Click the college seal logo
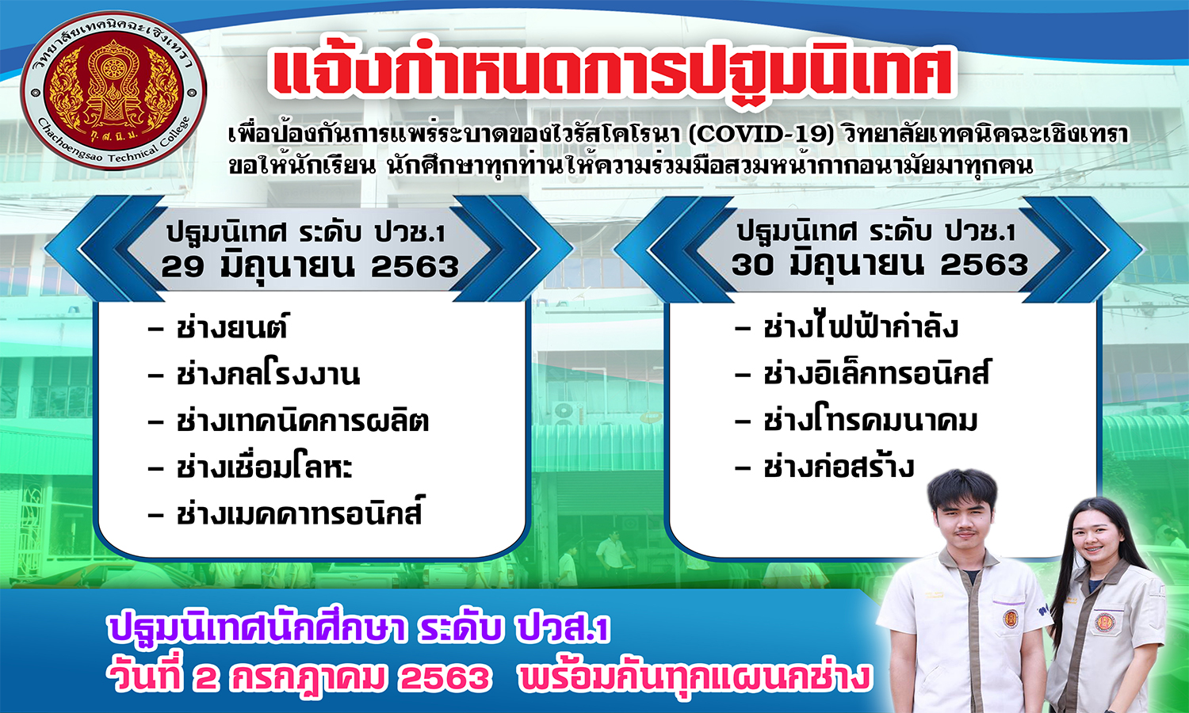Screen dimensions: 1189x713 pos(113,91)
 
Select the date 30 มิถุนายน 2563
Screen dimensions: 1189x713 pos(880,263)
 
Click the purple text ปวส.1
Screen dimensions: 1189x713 pos(563,629)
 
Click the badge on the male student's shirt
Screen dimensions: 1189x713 pos(1011,618)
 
